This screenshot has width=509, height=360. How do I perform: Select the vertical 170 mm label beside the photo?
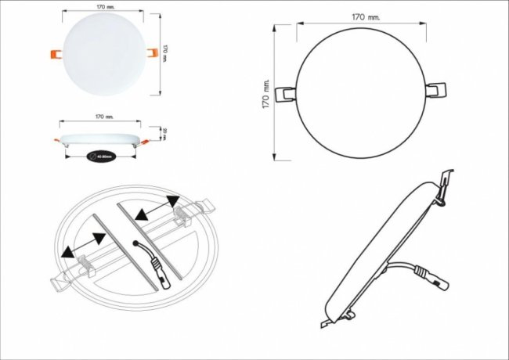point(168,52)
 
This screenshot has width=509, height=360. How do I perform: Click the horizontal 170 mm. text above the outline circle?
point(366,16)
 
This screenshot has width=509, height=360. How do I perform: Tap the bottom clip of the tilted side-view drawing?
point(327,321)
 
